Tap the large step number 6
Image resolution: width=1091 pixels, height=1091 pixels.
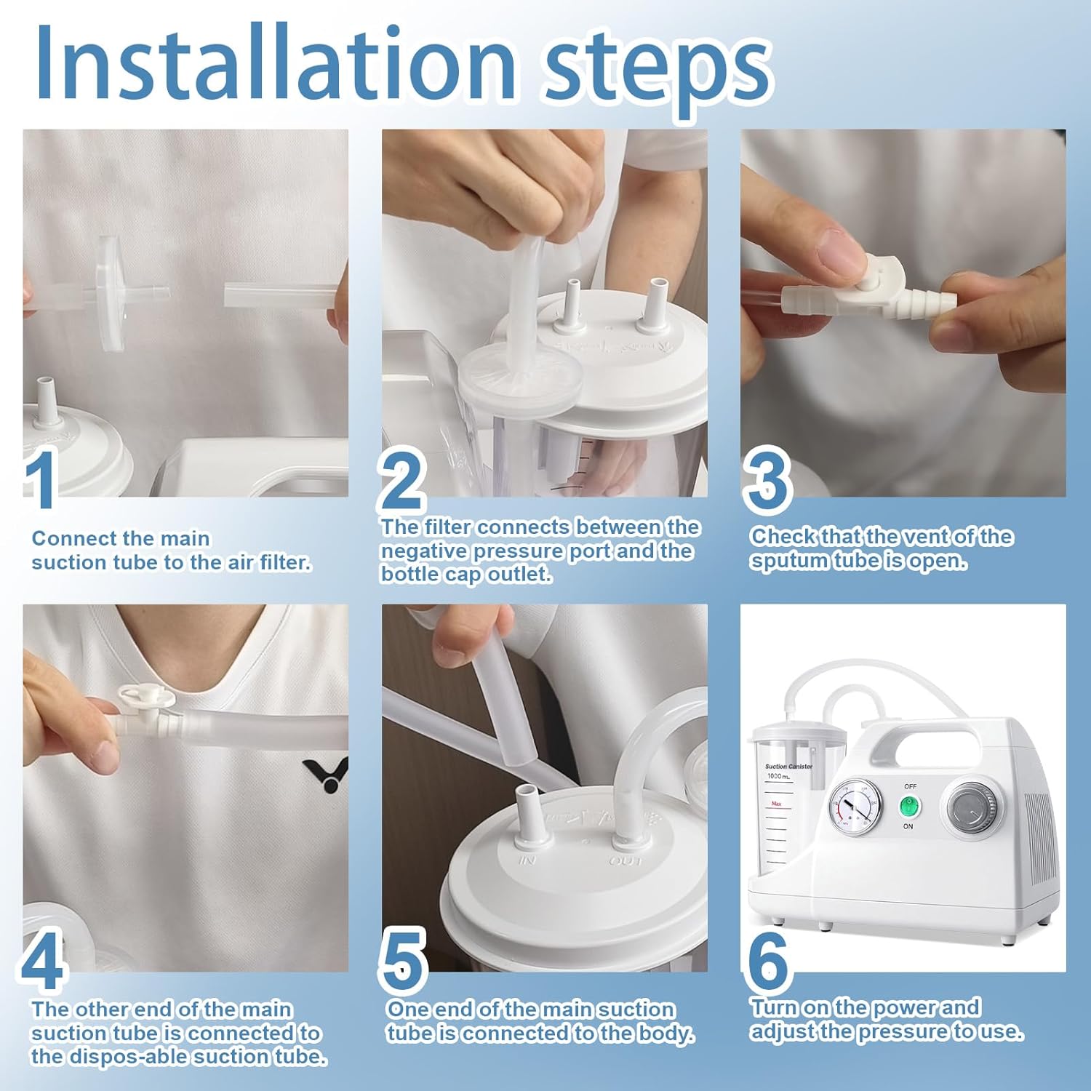768,959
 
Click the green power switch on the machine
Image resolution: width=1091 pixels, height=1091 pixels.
908,806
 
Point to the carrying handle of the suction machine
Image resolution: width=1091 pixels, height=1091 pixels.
924,735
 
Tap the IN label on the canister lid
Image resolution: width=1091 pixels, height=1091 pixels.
527,860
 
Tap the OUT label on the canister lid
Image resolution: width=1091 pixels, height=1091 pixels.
626,861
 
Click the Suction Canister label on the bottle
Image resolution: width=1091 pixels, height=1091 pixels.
788,767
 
